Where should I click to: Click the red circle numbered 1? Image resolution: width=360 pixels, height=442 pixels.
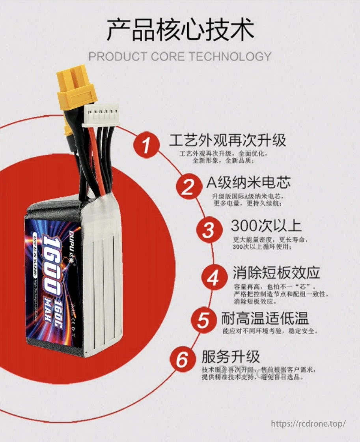(x=147, y=144)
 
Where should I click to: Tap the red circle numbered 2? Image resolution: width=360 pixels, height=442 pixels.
(x=188, y=187)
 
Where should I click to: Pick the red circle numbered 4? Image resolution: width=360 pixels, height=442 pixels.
(x=213, y=277)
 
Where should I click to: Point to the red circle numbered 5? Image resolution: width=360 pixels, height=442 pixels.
(x=203, y=320)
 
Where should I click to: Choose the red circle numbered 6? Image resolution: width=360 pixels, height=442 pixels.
(x=182, y=360)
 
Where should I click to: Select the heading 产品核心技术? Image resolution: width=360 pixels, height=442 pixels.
(x=180, y=30)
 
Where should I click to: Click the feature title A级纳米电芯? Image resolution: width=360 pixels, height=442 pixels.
(x=248, y=182)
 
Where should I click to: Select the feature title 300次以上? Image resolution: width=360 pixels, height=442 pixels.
(x=266, y=226)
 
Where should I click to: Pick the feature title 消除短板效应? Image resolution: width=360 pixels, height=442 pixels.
(x=276, y=273)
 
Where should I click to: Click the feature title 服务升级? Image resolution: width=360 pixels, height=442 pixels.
(x=231, y=356)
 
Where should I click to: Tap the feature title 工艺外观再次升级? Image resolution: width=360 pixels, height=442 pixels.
(x=228, y=140)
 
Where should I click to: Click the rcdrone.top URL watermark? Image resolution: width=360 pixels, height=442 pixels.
(x=308, y=424)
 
